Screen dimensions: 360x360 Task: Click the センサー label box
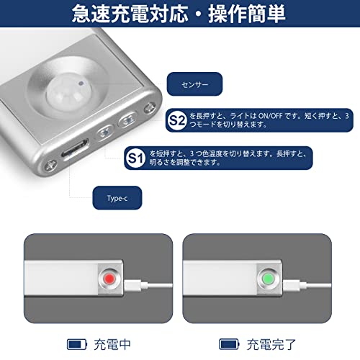[194, 84]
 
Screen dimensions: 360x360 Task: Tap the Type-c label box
[117, 198]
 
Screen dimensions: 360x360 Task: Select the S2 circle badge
[177, 120]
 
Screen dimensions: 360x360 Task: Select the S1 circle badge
[135, 158]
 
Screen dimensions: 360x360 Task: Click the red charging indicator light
[109, 279]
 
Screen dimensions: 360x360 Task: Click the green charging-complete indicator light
[268, 279]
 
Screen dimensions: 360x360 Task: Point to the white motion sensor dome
[69, 93]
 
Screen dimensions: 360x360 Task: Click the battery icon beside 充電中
[77, 344]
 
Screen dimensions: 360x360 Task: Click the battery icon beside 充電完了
[229, 344]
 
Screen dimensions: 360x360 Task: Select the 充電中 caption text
[112, 345]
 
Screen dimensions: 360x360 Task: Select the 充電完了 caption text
[271, 345]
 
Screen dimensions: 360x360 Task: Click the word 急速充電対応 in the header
[130, 14]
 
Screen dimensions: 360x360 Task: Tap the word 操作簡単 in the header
[247, 14]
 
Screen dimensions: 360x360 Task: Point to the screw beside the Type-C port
[51, 166]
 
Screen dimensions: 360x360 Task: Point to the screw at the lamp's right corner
[150, 108]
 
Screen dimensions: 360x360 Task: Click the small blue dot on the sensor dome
[81, 84]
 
